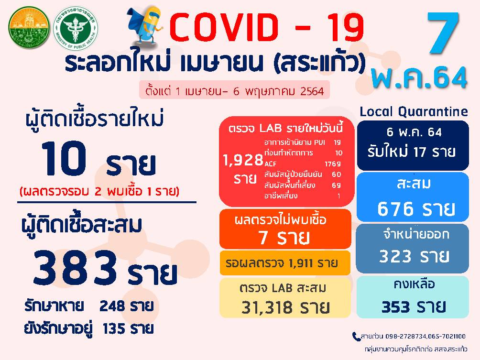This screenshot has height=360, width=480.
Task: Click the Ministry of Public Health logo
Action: pyautogui.click(x=76, y=28)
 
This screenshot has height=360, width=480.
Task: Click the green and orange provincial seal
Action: pyautogui.click(x=29, y=27)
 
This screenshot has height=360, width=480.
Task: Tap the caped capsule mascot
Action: pyautogui.click(x=144, y=26)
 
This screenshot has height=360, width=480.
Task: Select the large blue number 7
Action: pyautogui.click(x=443, y=33)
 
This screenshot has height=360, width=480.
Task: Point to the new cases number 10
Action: pyautogui.click(x=64, y=159)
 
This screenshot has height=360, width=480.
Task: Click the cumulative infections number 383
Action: pyautogui.click(x=76, y=267)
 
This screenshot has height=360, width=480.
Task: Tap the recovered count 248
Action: pyautogui.click(x=112, y=306)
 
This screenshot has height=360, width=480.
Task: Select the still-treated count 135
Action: pyautogui.click(x=114, y=329)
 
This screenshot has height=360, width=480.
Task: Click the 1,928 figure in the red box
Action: pyautogui.click(x=243, y=160)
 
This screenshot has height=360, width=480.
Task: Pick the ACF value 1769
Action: pyautogui.click(x=333, y=164)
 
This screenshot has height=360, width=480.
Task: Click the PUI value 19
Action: pyautogui.click(x=338, y=142)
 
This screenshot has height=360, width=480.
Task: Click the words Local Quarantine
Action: pyautogui.click(x=414, y=112)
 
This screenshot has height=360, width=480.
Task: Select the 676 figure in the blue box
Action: pyautogui.click(x=395, y=209)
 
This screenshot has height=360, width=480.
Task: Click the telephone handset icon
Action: pyautogui.click(x=356, y=337)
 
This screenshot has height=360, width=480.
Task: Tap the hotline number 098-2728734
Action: pyautogui.click(x=405, y=337)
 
